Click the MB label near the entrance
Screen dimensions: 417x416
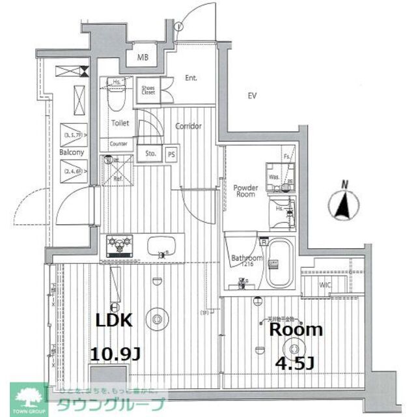click(x=143, y=57)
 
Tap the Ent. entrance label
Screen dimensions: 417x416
click(x=191, y=78)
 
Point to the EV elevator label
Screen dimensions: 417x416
click(x=252, y=96)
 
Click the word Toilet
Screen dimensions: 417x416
click(x=120, y=122)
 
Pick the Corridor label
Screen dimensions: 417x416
click(x=188, y=126)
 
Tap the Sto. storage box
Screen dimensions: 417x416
click(x=149, y=155)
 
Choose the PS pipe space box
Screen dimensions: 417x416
click(x=171, y=155)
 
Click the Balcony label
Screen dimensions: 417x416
click(x=72, y=152)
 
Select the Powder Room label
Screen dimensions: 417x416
click(x=246, y=192)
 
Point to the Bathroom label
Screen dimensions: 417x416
click(x=247, y=259)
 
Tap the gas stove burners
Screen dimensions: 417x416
click(x=120, y=246)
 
